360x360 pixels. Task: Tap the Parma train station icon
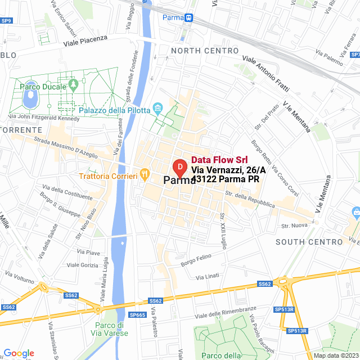click(x=188, y=17)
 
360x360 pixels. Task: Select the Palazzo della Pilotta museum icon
click(x=157, y=107)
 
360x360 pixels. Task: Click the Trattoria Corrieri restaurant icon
click(x=145, y=174)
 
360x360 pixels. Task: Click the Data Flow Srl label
click(x=219, y=160)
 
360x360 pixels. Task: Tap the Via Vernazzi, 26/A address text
click(x=225, y=169)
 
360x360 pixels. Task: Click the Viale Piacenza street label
click(x=85, y=39)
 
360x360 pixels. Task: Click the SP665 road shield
click(x=139, y=314)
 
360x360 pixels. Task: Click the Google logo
click(x=19, y=353)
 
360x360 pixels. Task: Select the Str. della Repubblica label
click(x=250, y=200)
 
